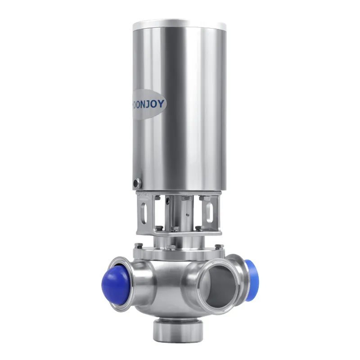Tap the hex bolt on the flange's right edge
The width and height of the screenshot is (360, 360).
[219, 246]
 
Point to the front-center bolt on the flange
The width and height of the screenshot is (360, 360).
[172, 250]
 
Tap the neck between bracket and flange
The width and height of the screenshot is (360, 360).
[177, 242]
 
